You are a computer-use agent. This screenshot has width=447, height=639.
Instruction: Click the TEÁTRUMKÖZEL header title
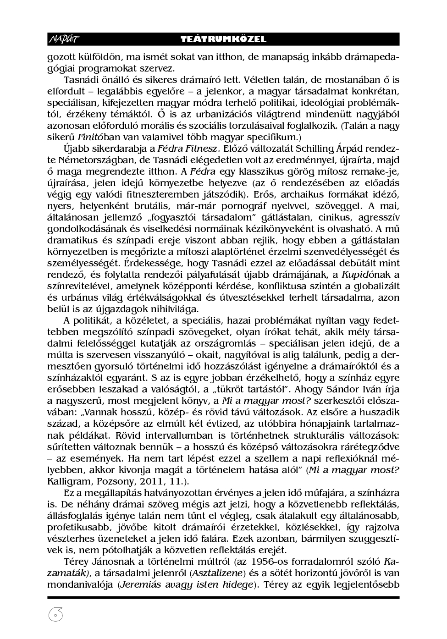point(223,39)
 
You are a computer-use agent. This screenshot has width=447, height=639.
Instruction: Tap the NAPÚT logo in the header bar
point(63,39)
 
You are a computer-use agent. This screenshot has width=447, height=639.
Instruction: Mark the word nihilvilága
point(161,309)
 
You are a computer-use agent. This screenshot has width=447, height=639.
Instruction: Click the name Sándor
point(343,389)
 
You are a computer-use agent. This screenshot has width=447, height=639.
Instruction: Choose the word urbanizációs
point(214,114)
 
